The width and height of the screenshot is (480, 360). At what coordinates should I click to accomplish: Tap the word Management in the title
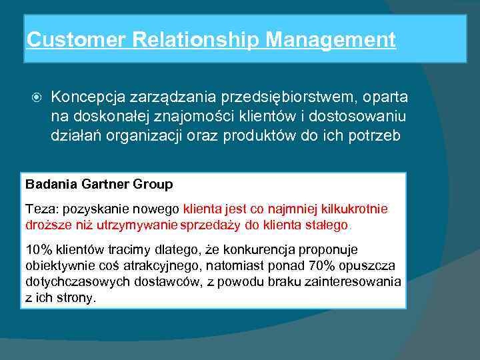tap(331, 40)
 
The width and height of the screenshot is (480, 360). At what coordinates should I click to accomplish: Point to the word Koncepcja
tap(84, 97)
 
